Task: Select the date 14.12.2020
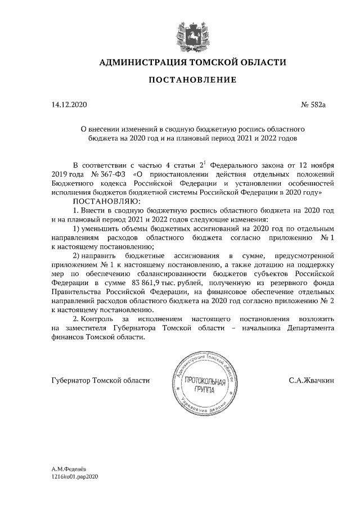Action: coord(69,105)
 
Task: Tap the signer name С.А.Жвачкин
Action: coord(311,381)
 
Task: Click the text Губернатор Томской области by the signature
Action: coord(100,381)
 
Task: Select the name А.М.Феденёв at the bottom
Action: coord(70,469)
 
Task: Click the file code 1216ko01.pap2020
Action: coord(75,476)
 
